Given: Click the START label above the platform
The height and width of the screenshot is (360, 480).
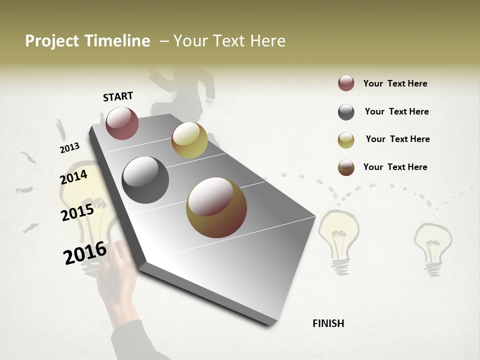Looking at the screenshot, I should coord(118,96).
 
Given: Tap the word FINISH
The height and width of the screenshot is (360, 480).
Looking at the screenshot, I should coord(328,323).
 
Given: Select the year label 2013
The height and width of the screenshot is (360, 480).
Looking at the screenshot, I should coord(70,148).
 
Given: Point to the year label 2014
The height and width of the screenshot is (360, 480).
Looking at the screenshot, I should coord(73,177).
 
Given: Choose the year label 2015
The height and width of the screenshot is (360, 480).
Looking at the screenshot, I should coord(77,212).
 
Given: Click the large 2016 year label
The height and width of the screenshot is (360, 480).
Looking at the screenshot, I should coord(85,252).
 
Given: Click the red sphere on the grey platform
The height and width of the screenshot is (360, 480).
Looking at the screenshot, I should coord(122,123).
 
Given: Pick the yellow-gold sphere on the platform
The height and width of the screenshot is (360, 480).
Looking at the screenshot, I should coord(189,140).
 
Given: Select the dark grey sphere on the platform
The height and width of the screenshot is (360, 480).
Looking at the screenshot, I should coord(145,180).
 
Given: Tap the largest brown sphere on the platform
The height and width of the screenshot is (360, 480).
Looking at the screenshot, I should coord(216,207).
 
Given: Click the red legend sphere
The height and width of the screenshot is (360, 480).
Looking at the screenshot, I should coord(346,83).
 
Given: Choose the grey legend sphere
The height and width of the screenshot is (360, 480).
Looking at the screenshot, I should coord(346,112).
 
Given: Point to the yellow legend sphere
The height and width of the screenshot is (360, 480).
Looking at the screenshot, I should coord(346,140).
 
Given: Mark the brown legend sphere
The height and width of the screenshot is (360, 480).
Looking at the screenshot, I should coord(346,167).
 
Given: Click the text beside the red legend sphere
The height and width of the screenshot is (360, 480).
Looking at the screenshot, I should coord(395,83).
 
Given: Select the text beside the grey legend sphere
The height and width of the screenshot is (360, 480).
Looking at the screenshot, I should coord(396,111).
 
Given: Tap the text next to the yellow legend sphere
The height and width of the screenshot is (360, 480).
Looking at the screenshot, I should coord(397,139).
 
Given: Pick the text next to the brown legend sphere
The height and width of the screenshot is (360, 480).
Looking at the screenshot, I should coord(395,167).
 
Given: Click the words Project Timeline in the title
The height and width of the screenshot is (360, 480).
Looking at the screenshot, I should coord(87,41).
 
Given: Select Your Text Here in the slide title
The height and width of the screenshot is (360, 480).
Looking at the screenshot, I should coord(229,41).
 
